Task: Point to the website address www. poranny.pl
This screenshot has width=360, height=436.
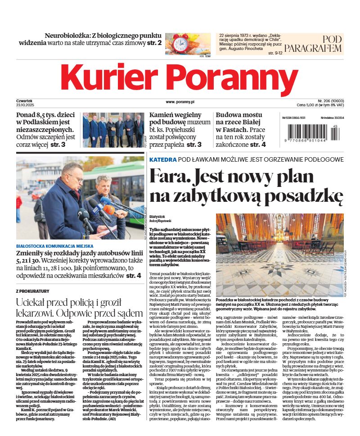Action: point(180,102)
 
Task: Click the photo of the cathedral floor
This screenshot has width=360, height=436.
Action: point(279,254)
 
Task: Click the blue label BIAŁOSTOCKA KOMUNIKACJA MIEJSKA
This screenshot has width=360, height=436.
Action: point(54,246)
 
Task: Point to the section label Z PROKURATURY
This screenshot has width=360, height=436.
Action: point(34,291)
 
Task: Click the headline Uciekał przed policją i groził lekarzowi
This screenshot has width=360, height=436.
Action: point(79,307)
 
